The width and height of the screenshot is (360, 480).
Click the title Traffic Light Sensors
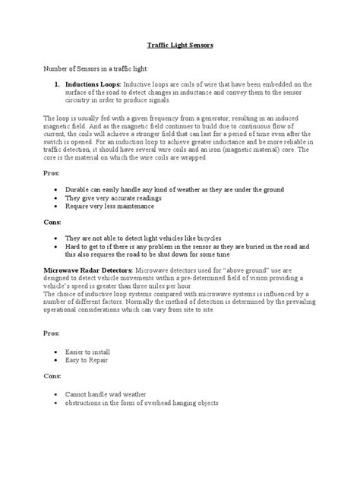[x=180, y=46]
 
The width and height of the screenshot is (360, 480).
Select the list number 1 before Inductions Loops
[x=56, y=84]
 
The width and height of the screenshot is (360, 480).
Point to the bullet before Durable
[x=58, y=189]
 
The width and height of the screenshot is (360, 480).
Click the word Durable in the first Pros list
[x=81, y=189]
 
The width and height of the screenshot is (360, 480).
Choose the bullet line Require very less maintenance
[x=111, y=206]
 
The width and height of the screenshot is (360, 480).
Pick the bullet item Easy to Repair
[x=90, y=362]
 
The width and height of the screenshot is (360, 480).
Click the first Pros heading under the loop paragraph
[x=52, y=173]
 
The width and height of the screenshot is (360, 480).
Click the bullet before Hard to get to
[x=58, y=246]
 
